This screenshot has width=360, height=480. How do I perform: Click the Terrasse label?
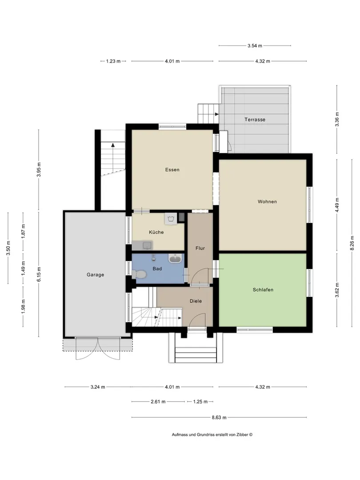coord(255,120)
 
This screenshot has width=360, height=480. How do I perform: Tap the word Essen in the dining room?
coord(172,170)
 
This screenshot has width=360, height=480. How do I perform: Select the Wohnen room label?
coord(267,201)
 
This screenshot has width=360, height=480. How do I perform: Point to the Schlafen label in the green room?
coord(263,290)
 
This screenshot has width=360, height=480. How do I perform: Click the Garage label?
coord(95,275)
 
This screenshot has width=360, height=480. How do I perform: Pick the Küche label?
coord(156,232)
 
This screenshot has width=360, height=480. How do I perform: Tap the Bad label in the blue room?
coord(157,268)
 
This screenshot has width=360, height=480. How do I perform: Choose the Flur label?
coord(200,248)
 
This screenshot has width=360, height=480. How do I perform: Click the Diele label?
coord(196,301)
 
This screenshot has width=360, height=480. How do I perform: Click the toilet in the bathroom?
coord(139,274)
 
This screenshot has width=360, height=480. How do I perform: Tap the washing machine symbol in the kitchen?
coord(171,218)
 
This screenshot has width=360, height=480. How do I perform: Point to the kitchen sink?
coord(147,245)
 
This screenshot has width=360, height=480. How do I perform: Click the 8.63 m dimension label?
coord(219,417)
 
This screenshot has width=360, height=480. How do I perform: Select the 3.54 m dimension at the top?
coord(255,46)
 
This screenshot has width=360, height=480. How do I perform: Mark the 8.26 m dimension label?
coord(352,243)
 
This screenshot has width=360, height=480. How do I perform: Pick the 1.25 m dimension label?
coord(200,401)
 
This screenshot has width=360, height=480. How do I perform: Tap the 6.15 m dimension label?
coord(39,274)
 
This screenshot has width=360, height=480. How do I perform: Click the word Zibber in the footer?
coord(242,434)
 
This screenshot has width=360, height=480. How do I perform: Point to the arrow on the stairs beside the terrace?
coord(217,114)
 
